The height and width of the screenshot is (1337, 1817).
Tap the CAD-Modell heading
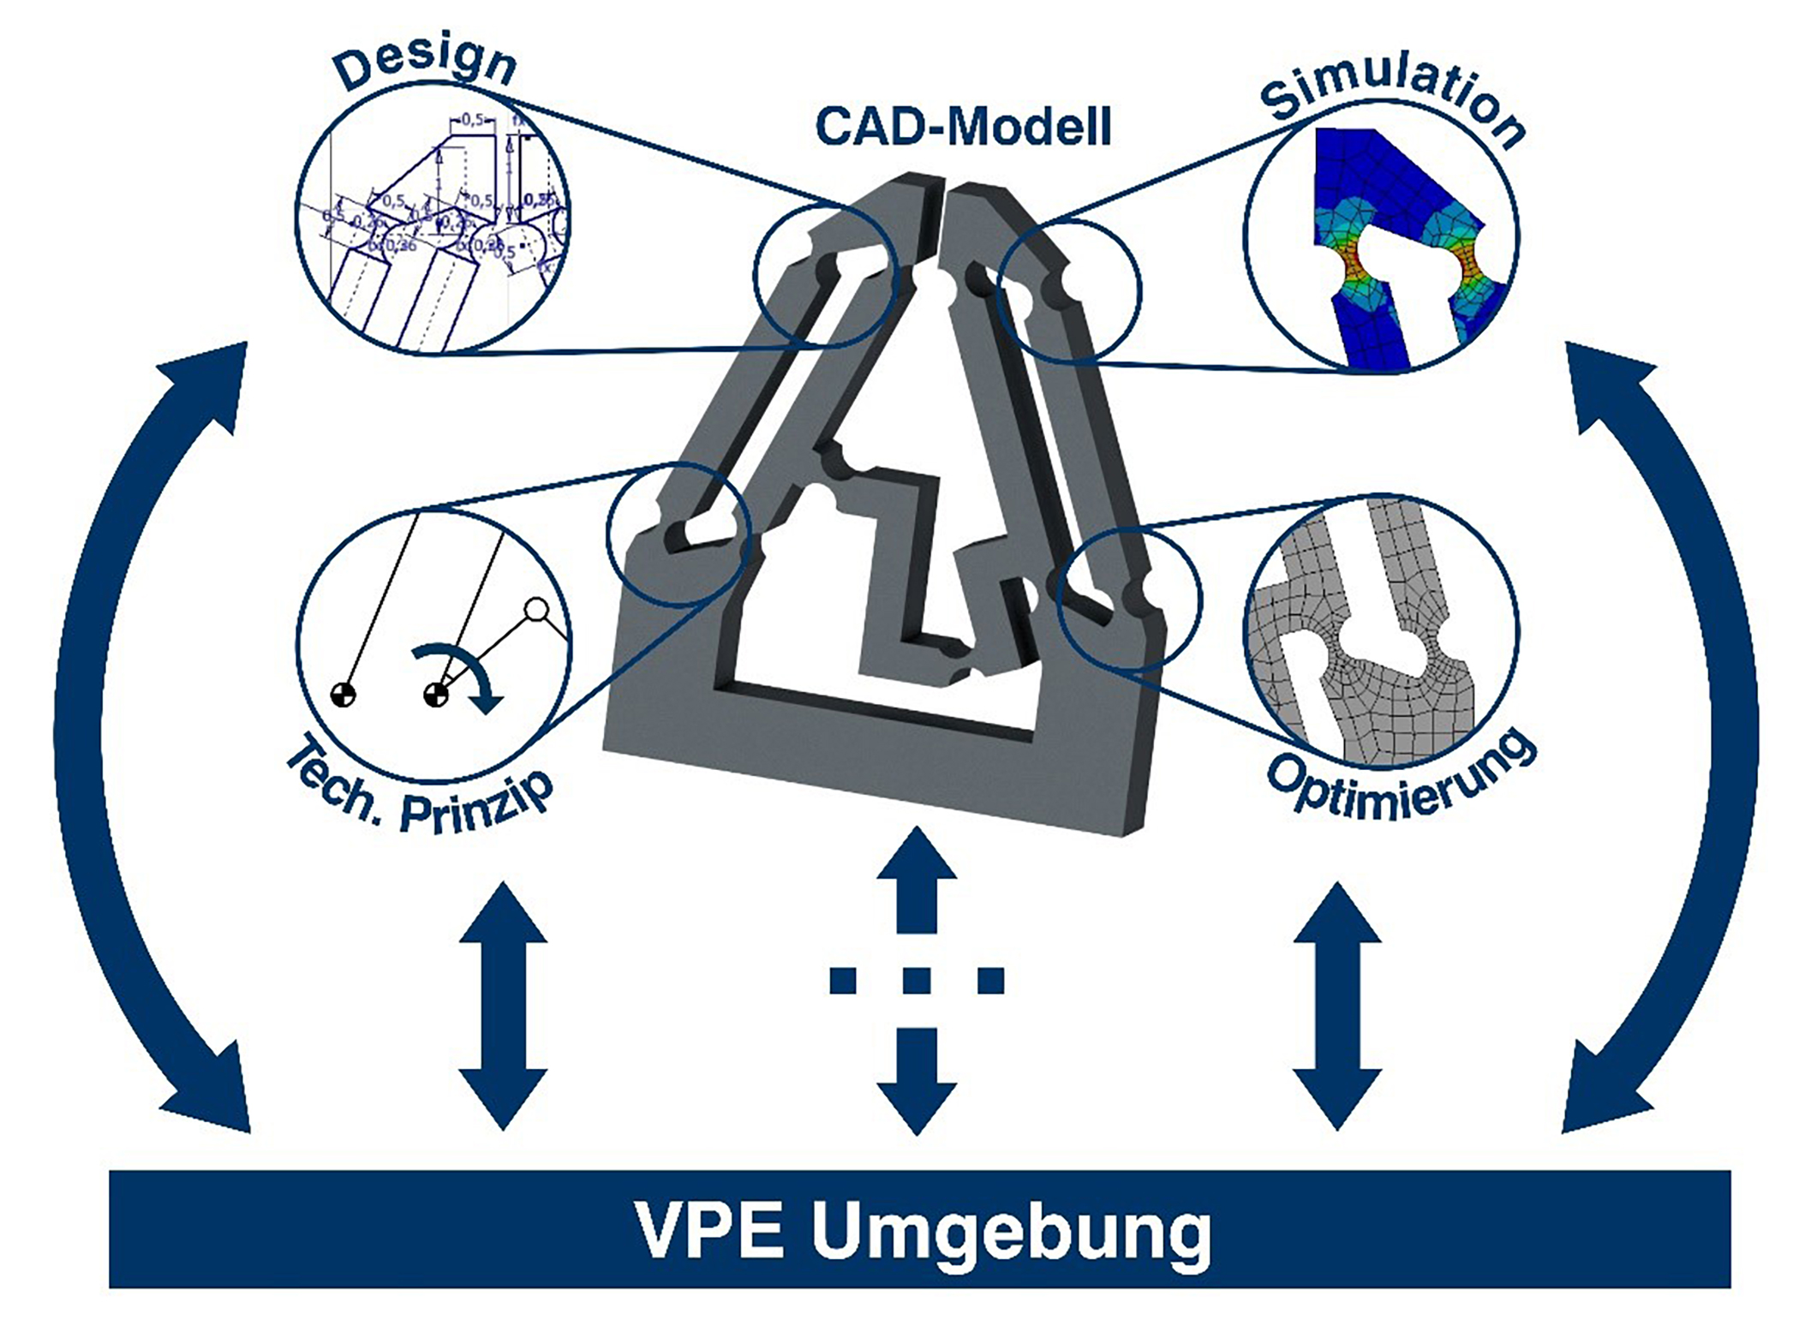click(x=963, y=128)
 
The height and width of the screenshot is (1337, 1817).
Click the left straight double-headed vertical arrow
click(x=503, y=1006)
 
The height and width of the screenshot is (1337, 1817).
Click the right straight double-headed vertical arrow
click(x=1336, y=1006)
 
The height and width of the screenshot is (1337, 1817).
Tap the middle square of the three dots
click(x=917, y=980)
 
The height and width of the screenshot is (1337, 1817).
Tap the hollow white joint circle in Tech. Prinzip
click(x=536, y=610)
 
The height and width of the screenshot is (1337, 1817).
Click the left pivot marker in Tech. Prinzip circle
click(x=343, y=694)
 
